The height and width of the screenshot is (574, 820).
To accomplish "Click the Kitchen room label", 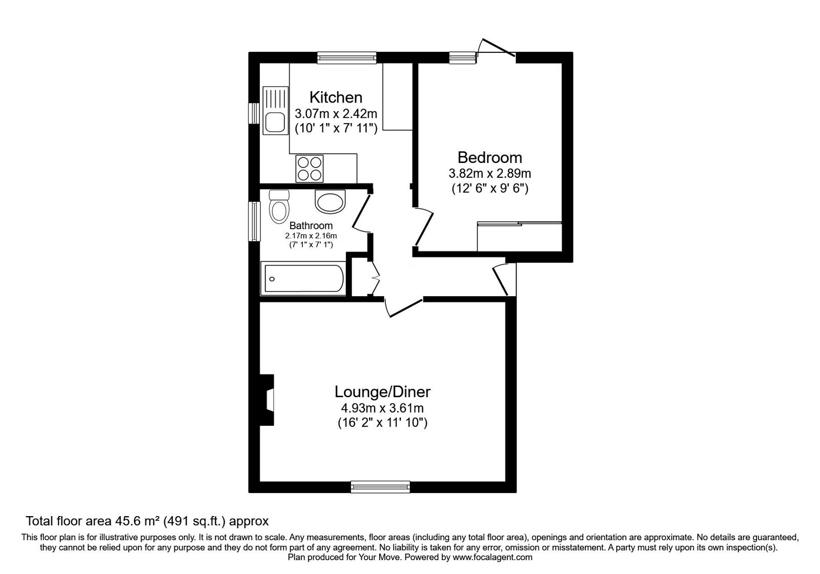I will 336,97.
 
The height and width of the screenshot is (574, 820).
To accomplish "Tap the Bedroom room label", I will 489,157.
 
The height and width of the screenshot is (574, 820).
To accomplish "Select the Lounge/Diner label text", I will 382,392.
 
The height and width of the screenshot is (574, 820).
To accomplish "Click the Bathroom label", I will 311,225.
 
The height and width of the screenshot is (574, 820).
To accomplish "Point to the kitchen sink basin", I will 275,122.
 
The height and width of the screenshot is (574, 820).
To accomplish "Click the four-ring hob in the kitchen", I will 310,168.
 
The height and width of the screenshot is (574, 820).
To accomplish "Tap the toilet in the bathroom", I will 279,207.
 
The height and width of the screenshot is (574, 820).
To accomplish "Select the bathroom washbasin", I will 331,202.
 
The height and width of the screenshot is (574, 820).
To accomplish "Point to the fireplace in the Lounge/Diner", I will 267,400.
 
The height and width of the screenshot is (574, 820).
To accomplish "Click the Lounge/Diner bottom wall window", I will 380,486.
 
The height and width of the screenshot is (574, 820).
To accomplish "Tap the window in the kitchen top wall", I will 346,57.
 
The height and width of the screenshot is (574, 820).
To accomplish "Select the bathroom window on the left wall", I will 254,221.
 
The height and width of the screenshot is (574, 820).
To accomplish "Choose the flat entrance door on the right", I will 501,279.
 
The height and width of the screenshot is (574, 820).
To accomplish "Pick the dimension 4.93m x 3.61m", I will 382,408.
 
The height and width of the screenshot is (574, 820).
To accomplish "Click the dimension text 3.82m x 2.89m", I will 489,173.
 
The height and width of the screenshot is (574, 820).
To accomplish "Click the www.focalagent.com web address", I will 492,557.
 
